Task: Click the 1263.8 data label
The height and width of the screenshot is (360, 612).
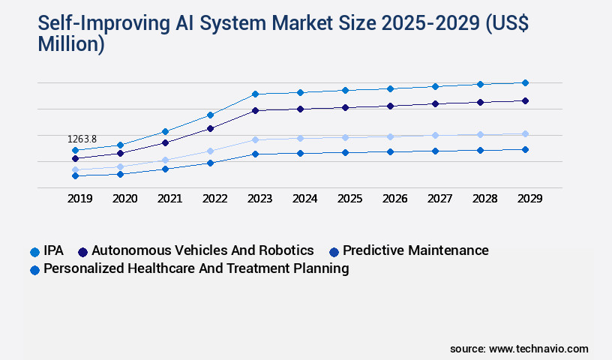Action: tap(82, 139)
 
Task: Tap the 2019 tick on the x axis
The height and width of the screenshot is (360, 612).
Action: tap(80, 199)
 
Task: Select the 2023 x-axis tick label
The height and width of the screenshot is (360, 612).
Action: tap(259, 199)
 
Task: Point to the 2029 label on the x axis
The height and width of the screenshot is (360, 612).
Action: tap(529, 199)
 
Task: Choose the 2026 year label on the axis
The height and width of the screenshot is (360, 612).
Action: tap(394, 199)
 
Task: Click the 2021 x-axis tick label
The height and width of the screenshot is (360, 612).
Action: tap(169, 199)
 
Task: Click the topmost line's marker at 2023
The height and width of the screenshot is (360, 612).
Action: tap(255, 94)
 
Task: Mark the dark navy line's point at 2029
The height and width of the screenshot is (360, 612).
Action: tap(525, 100)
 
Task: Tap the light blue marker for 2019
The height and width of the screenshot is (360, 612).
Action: tap(75, 169)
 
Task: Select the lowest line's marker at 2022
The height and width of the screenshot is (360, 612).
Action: tap(210, 163)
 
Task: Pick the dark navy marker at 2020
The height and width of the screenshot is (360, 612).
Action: tap(120, 153)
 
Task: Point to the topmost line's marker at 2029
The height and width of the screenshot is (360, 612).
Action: tap(525, 82)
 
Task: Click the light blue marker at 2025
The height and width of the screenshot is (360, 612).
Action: tap(345, 137)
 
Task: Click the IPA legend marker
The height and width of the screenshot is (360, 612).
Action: tap(34, 251)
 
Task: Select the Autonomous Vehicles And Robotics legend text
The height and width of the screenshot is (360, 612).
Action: tap(202, 250)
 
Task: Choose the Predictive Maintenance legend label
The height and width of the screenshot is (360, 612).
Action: tap(415, 250)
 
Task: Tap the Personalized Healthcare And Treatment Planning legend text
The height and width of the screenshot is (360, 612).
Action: tap(196, 268)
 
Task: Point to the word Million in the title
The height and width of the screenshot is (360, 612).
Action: tap(70, 45)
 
